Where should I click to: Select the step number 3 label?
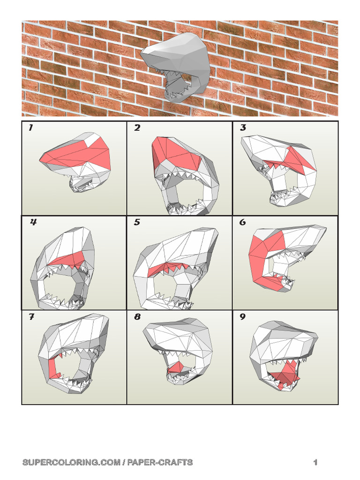(243, 128)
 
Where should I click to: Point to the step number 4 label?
(33, 223)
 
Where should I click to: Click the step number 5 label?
(137, 223)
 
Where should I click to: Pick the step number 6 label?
(243, 223)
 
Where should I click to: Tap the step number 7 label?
(31, 317)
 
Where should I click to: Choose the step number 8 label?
(137, 317)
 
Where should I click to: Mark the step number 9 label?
(243, 317)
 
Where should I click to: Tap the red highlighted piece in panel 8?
(176, 368)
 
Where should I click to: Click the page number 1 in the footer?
(315, 463)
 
